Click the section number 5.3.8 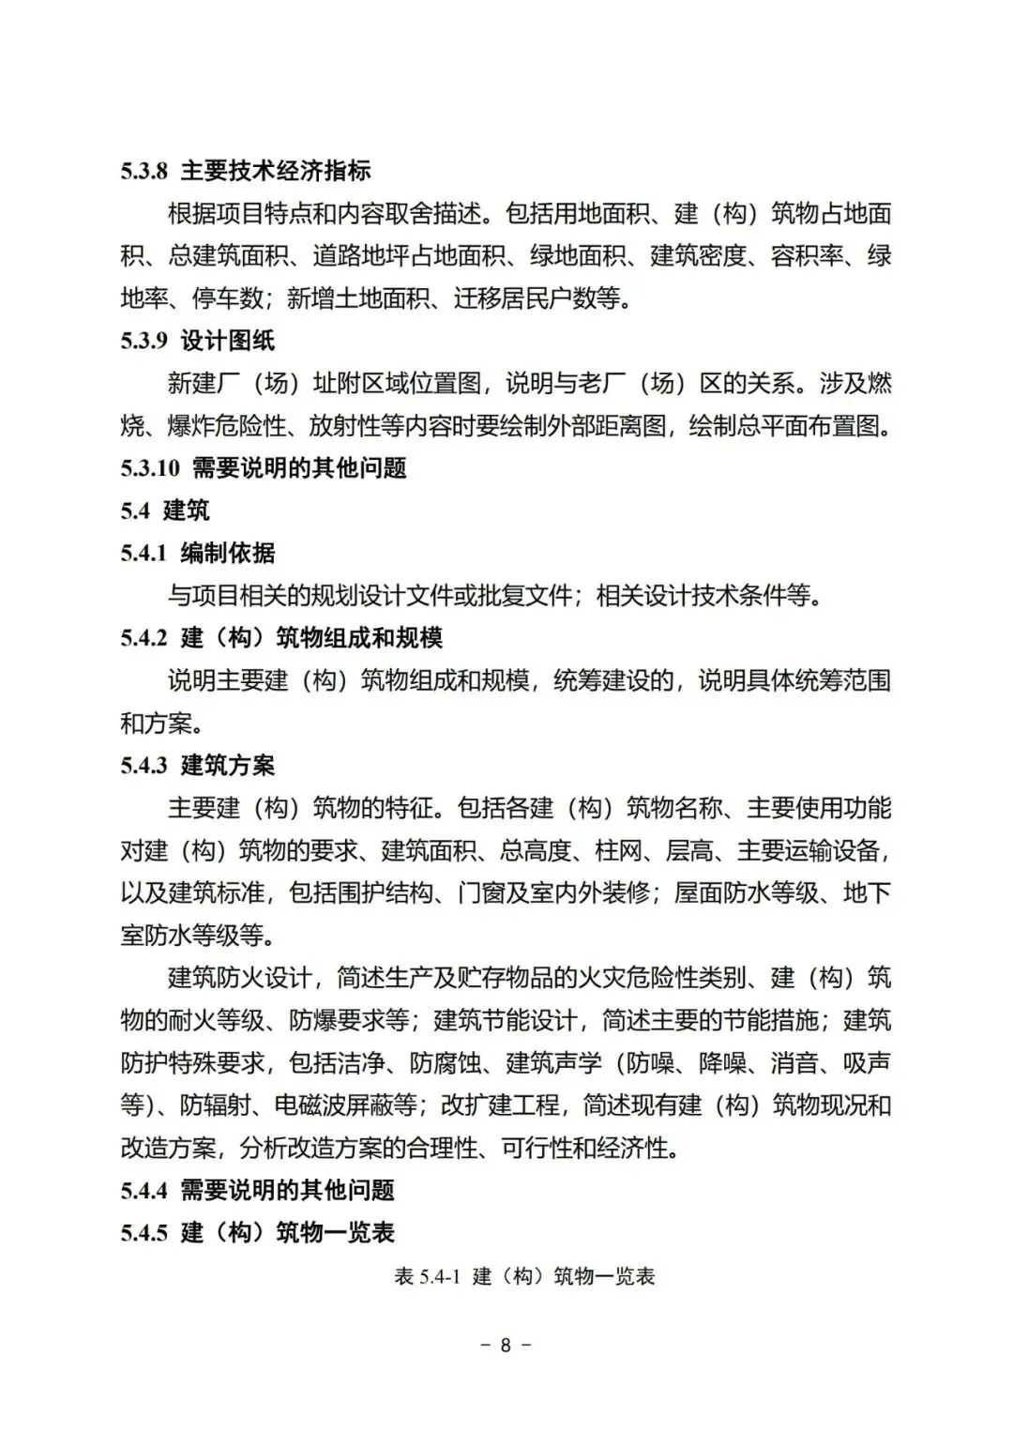(x=144, y=171)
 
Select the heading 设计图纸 (x=228, y=341)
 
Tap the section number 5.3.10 (x=149, y=467)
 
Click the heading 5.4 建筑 (x=165, y=510)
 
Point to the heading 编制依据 (x=228, y=553)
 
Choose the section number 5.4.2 (x=144, y=638)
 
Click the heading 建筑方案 (x=228, y=766)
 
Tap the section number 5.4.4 (x=144, y=1191)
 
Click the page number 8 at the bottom (x=506, y=1345)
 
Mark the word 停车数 (x=228, y=298)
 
